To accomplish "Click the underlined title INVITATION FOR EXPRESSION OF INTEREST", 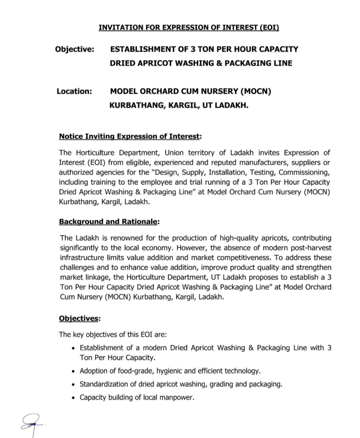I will coord(189,28).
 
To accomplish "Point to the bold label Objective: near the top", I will coord(75,49).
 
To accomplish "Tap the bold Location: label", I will coord(75,91).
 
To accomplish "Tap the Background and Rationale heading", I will coord(109,222).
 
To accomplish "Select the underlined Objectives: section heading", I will coord(80,319).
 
